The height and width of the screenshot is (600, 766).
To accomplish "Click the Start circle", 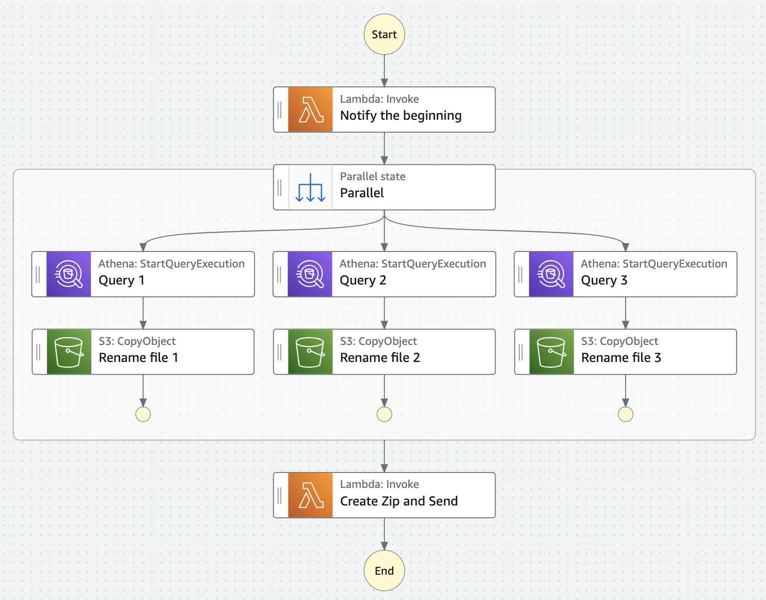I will [x=384, y=35].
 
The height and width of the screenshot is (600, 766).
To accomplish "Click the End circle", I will [x=384, y=571].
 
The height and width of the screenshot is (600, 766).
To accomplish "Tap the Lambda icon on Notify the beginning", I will [x=310, y=110].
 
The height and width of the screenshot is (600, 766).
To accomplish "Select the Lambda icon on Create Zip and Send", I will [x=310, y=495].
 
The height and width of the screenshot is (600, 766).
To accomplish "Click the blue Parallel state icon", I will [x=310, y=187].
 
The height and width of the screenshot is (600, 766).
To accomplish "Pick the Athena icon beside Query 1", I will [x=69, y=274].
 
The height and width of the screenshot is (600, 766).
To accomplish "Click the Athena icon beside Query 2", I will [x=310, y=274].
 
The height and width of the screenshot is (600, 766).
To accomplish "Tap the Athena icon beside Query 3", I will [x=551, y=274].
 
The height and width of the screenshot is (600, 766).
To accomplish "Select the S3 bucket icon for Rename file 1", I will [x=69, y=352].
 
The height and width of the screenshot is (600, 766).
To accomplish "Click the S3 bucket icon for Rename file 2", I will [x=310, y=352].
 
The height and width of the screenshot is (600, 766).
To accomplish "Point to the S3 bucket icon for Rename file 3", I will [x=551, y=352].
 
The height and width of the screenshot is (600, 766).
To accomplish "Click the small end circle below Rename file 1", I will [x=143, y=414].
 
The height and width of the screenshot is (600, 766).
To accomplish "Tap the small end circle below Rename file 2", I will [x=385, y=414].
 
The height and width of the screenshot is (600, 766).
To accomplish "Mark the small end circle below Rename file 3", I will [x=626, y=414].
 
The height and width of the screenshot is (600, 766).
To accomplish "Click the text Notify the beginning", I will [x=401, y=116].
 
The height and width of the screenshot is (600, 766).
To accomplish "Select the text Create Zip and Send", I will [x=398, y=501].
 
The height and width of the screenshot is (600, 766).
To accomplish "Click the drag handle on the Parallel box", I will [x=280, y=187].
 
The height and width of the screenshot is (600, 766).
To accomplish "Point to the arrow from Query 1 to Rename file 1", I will [x=143, y=313].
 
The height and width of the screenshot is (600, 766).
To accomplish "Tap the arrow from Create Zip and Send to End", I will [x=384, y=534].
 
